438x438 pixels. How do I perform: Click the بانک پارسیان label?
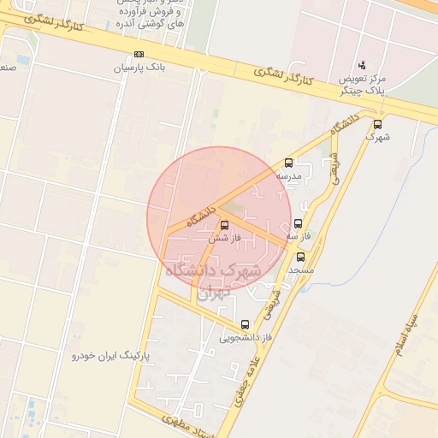(140, 67)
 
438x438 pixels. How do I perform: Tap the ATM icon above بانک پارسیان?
(139, 54)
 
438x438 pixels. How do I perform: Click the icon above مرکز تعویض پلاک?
(362, 64)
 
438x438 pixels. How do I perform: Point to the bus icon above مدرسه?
(288, 163)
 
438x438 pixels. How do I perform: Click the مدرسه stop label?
(288, 175)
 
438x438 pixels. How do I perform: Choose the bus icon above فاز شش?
(225, 225)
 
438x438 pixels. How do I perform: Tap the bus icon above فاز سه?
(298, 222)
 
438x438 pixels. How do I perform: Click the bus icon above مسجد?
(300, 257)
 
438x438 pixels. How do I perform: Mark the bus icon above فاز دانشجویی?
(246, 324)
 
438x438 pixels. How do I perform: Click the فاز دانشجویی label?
(245, 337)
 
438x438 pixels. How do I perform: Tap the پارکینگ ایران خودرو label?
(110, 353)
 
